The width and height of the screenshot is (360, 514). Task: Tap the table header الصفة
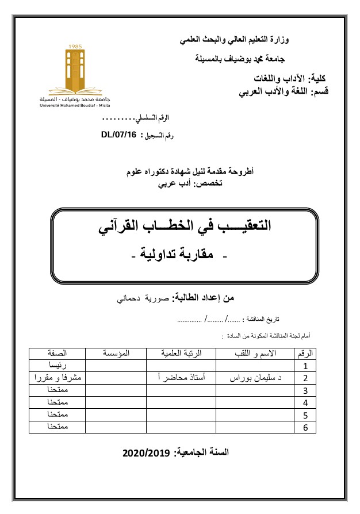click(55, 352)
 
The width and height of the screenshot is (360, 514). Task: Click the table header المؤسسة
click(115, 352)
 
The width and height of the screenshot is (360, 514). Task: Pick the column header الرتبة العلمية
click(180, 352)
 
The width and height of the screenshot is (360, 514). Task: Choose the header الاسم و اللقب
click(253, 352)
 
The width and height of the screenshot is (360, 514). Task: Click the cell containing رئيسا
click(55, 365)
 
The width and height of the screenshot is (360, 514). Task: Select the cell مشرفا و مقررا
click(55, 378)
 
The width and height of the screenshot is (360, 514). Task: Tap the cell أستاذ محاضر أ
click(180, 378)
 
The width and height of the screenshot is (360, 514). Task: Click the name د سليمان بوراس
click(253, 378)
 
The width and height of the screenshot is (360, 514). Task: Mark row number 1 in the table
click(305, 365)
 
